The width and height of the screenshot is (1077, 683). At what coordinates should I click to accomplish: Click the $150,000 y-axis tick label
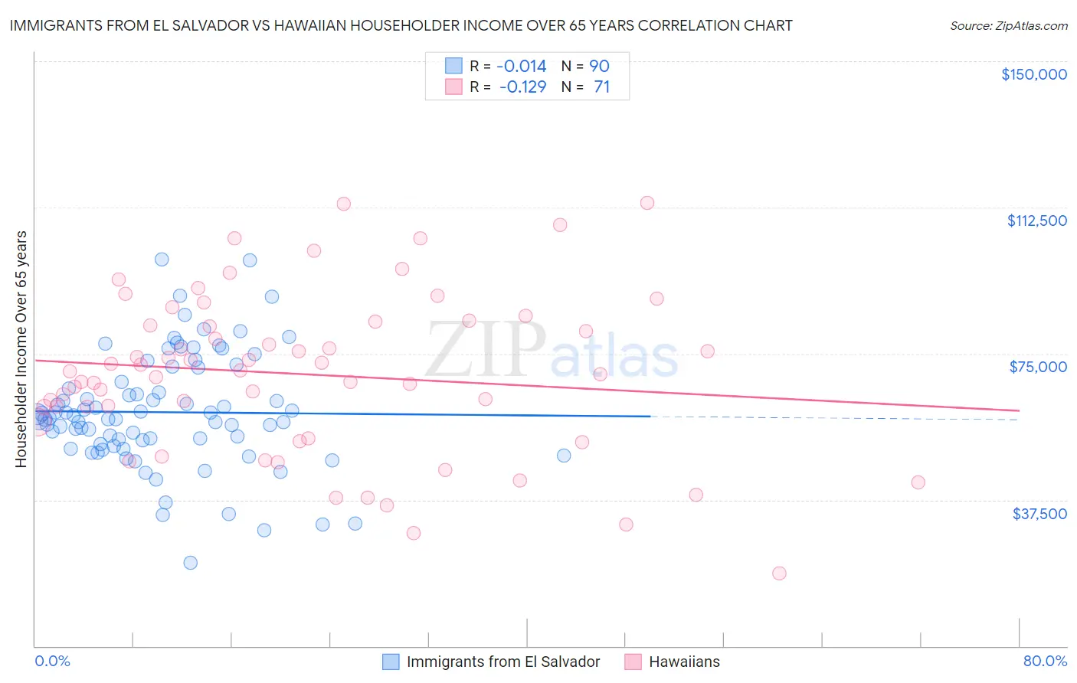(1033, 74)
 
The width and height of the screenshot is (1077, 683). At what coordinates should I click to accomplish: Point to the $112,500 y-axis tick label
(1036, 221)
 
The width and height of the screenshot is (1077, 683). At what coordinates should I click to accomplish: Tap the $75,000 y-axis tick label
(1038, 367)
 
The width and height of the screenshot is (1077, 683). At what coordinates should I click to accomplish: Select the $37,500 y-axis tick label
(1039, 514)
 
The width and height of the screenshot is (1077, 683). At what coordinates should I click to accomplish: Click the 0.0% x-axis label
(52, 661)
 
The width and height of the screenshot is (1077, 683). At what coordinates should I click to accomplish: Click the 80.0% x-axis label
(1045, 661)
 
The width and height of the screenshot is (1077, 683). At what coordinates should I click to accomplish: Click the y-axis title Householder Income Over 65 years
(21, 348)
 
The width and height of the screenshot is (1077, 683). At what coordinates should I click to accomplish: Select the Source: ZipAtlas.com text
(1008, 25)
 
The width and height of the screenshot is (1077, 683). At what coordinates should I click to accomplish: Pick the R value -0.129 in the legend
(522, 87)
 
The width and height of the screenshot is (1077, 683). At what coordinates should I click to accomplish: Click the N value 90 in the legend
(599, 66)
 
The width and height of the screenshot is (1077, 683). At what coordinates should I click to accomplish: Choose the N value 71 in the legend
(601, 87)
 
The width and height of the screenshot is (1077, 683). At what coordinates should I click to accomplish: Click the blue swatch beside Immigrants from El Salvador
(391, 662)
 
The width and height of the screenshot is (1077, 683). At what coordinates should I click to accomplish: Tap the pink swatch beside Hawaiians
(633, 662)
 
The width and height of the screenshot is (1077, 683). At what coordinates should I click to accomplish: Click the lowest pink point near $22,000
(779, 574)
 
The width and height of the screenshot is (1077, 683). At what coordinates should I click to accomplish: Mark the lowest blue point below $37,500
(190, 563)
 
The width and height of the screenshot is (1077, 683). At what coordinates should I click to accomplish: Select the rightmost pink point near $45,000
(918, 482)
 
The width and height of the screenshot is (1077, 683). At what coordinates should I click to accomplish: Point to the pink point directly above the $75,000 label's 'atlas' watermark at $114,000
(647, 203)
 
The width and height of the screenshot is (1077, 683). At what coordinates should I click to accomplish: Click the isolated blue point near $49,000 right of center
(564, 456)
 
